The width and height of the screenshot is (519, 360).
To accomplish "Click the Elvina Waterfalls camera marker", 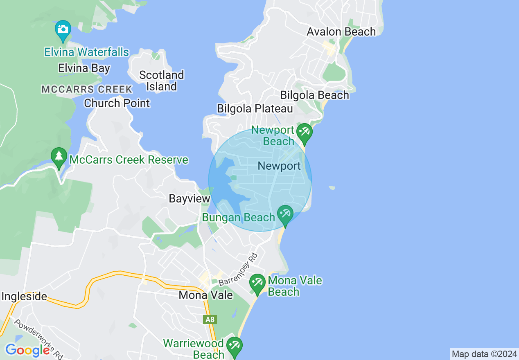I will click(63, 30).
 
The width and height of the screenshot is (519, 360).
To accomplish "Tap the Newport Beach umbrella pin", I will click(305, 133).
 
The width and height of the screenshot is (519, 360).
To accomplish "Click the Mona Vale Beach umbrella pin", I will click(257, 283).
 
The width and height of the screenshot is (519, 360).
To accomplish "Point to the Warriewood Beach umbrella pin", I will click(235, 346).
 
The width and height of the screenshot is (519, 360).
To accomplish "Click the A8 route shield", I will click(210, 319).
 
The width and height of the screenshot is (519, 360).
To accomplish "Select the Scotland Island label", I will click(161, 81).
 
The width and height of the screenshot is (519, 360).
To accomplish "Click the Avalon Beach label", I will click(341, 32).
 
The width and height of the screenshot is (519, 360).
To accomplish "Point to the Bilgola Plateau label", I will click(255, 108).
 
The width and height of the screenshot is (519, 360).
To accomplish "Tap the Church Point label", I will click(117, 103).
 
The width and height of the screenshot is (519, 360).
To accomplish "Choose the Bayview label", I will click(190, 199).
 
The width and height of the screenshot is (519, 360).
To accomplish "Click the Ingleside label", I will click(24, 296).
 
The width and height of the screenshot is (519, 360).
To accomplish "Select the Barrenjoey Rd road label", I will click(238, 270).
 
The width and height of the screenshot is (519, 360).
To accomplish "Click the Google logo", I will click(27, 350).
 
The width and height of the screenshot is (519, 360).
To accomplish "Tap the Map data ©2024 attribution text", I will click(484, 354).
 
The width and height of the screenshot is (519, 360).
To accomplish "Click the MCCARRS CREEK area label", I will click(87, 89).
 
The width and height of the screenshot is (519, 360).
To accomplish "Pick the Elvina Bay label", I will click(84, 68).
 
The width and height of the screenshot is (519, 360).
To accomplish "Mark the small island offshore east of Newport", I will click(332, 188).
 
